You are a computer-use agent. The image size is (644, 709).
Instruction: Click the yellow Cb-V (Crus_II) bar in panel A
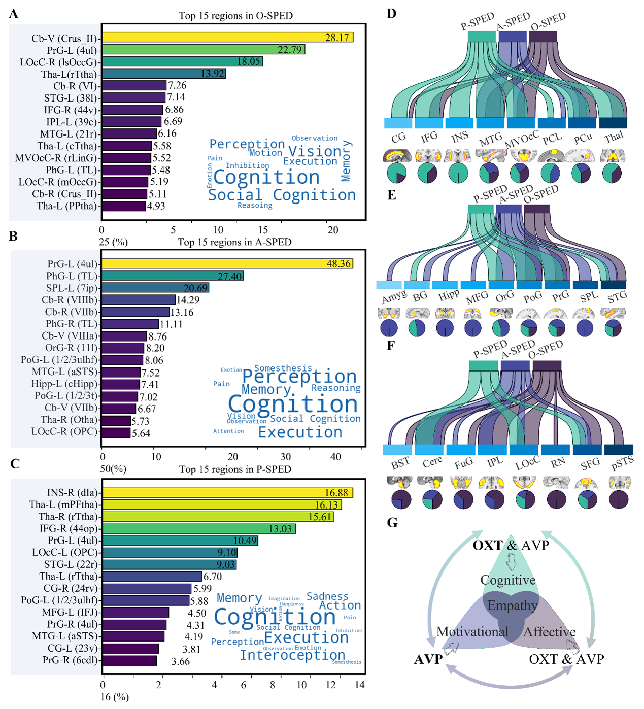227,38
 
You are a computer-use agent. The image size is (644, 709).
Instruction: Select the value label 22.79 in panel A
290,50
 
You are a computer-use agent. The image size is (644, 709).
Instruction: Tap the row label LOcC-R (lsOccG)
58,62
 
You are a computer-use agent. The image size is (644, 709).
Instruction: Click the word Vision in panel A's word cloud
315,151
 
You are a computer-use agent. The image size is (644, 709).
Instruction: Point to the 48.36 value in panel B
338,264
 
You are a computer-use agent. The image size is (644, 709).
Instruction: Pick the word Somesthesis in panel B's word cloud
283,368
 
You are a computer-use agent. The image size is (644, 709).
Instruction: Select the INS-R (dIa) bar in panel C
227,493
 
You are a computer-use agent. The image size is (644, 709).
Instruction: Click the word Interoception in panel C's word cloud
292,655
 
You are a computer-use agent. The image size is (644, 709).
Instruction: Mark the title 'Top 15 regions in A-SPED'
234,242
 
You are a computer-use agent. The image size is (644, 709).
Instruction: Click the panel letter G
392,523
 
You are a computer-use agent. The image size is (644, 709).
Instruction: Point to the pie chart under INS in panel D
458,173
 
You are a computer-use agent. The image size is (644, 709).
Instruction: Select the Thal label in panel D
614,137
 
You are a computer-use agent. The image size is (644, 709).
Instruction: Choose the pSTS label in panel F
622,463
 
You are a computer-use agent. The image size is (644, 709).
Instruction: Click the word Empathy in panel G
512,605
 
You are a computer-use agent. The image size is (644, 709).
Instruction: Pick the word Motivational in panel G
472,632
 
